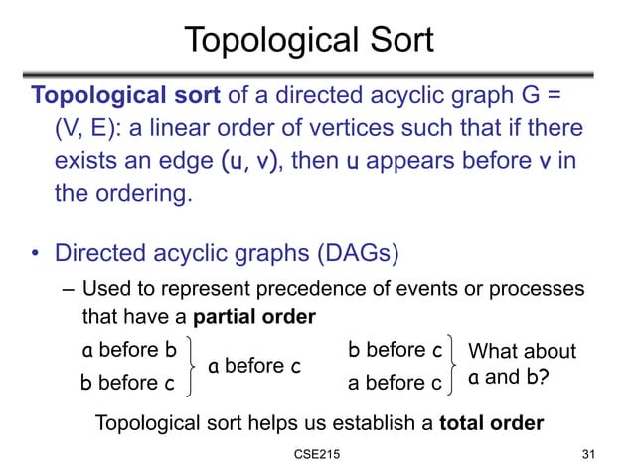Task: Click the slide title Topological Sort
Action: pyautogui.click(x=309, y=41)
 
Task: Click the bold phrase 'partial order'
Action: pyautogui.click(x=254, y=317)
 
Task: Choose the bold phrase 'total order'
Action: pyautogui.click(x=488, y=423)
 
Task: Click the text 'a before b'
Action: pyautogui.click(x=129, y=350)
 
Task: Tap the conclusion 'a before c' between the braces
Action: pyautogui.click(x=253, y=366)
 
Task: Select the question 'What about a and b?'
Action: pyautogui.click(x=521, y=365)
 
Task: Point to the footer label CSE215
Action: pyautogui.click(x=317, y=456)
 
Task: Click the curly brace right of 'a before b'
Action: pyautogui.click(x=196, y=366)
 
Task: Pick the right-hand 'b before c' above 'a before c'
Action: pyautogui.click(x=396, y=350)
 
